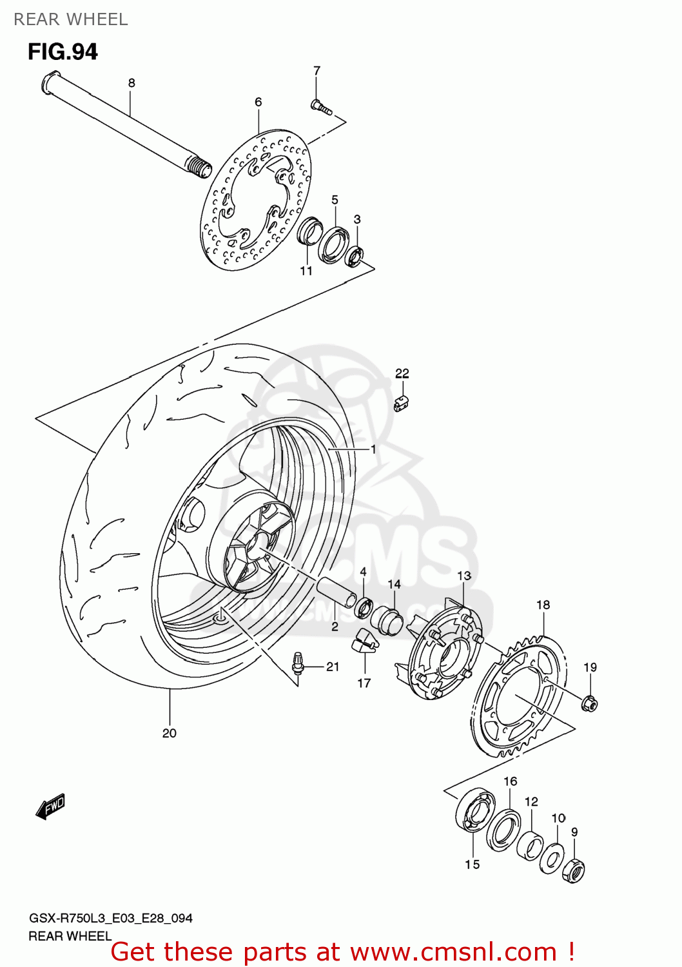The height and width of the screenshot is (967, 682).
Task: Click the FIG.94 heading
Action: click(x=63, y=52)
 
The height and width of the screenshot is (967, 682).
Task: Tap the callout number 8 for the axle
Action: click(x=132, y=83)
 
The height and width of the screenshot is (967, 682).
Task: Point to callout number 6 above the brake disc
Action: click(x=258, y=102)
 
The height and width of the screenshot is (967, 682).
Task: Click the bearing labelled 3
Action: click(x=355, y=256)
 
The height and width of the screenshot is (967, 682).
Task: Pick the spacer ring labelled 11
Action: click(x=310, y=231)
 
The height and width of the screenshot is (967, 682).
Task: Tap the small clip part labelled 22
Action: click(x=402, y=404)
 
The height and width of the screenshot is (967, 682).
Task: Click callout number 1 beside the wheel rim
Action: click(x=373, y=449)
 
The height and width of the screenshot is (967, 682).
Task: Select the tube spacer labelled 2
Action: click(x=335, y=592)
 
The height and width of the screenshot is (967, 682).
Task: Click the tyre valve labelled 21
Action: click(x=298, y=663)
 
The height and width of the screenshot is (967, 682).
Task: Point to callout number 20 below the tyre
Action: click(x=170, y=733)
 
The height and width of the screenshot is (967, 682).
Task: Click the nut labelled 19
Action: click(x=589, y=703)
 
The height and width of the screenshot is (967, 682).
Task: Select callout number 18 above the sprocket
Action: click(x=543, y=605)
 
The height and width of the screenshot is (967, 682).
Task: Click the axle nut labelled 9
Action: click(x=574, y=871)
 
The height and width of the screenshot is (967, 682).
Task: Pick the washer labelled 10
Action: click(x=552, y=859)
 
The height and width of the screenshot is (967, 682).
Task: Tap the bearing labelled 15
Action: click(x=475, y=812)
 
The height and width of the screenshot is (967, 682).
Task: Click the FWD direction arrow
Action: click(x=51, y=806)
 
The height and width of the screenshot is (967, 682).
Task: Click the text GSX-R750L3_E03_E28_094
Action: click(x=111, y=918)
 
